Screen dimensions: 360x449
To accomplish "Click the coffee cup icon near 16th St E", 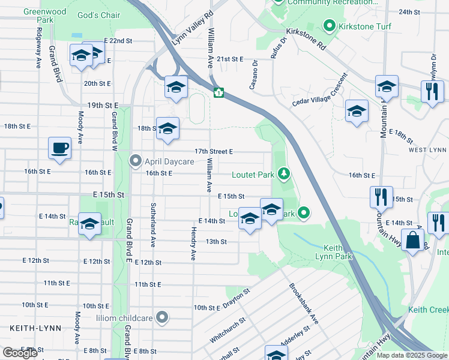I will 59,148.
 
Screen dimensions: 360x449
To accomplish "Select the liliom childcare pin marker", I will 161,316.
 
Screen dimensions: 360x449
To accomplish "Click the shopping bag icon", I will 414,241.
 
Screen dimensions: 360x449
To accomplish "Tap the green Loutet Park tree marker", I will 285,175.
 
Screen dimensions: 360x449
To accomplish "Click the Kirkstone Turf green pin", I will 329,26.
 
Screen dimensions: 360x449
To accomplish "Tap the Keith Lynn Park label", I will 328,251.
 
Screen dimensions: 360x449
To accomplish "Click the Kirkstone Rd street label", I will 306,37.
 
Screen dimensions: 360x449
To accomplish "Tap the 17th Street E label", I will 213,152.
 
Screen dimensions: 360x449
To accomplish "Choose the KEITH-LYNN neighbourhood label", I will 29,328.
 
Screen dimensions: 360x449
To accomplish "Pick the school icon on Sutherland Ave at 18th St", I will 168,128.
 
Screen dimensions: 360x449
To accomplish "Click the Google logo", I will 20,353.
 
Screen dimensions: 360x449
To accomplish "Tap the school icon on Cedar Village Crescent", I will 357,111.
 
